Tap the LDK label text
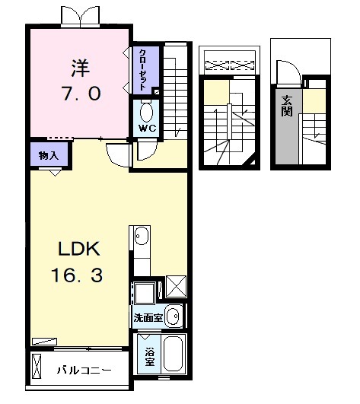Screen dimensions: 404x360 click(x=77, y=250)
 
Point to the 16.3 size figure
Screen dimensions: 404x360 click(x=77, y=274)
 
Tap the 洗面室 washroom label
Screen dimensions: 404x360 click(x=148, y=317)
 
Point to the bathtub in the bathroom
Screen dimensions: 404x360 click(x=173, y=354)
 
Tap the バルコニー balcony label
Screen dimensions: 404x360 click(x=84, y=371)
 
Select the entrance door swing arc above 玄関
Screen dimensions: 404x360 click(x=288, y=73)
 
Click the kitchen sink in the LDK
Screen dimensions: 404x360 click(x=140, y=238)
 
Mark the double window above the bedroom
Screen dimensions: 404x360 click(x=79, y=15)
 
